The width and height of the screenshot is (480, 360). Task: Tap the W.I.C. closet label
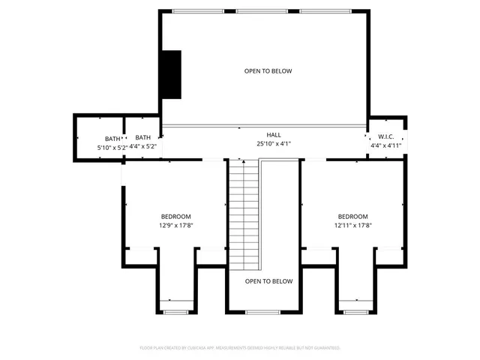coord(386,136)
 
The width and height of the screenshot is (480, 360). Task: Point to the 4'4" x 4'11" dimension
coord(386,145)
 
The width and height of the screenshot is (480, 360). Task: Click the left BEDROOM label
coord(175,216)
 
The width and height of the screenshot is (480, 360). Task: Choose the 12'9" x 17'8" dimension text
coord(175,225)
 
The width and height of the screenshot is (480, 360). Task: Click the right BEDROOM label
coord(352,216)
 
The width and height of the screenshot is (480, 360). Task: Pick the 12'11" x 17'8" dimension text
coord(352,225)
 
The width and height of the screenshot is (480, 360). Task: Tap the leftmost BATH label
coord(112,139)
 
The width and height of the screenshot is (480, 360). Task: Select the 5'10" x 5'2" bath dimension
coord(112,148)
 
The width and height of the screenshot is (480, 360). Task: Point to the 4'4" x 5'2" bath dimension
coord(143,146)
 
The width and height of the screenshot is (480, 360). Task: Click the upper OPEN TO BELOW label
coord(268,71)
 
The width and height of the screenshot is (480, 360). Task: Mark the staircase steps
coord(243,217)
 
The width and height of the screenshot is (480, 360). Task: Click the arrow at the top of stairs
coord(243,160)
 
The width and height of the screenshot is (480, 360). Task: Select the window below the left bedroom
coord(175,311)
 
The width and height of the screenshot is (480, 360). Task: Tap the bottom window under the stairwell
coord(262,311)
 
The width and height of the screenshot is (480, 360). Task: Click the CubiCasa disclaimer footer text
coord(240,348)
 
